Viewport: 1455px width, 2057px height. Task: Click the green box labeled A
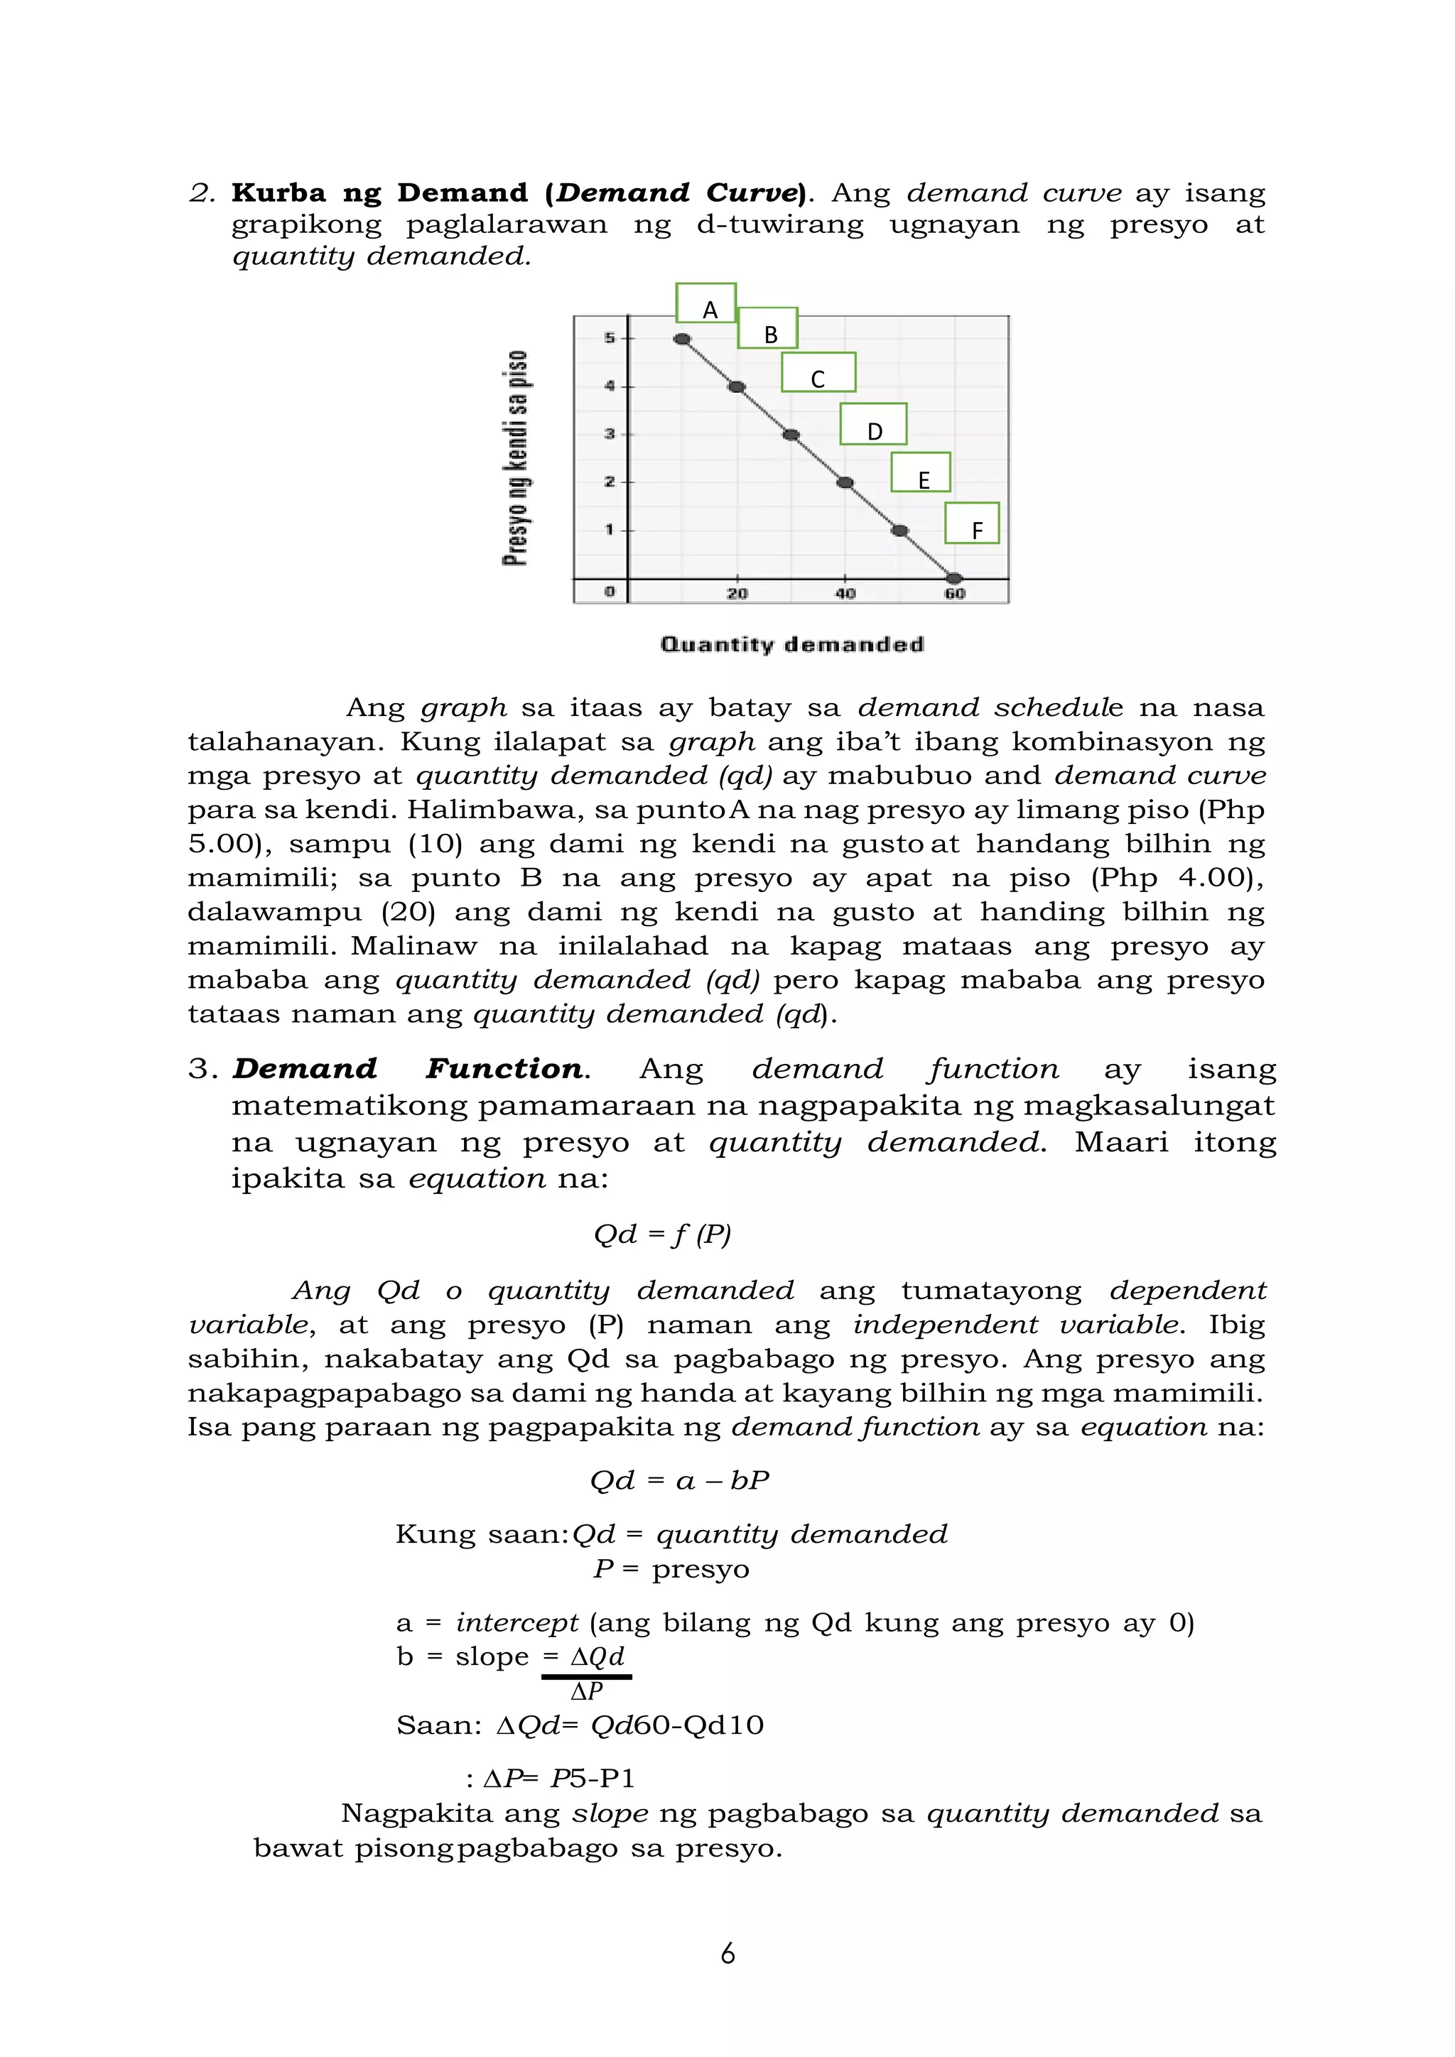coord(706,303)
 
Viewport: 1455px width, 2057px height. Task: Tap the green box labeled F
coord(972,523)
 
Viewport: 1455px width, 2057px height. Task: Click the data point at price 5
coord(682,340)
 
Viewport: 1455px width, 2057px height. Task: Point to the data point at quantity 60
coord(955,579)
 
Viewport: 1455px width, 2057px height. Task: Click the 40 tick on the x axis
coord(845,593)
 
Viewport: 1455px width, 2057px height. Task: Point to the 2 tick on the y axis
coord(610,482)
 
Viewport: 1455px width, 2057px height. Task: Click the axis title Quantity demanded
coord(792,644)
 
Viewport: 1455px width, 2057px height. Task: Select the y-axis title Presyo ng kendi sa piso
coord(515,458)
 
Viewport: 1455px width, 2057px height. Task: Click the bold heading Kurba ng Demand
coord(380,192)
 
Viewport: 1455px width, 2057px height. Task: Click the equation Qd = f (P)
coord(662,1234)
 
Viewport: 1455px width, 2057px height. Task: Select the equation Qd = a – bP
coord(679,1480)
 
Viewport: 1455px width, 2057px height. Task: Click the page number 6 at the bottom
coord(727,1953)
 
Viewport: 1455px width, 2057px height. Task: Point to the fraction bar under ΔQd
coord(587,1676)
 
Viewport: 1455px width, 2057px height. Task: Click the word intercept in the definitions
coord(517,1622)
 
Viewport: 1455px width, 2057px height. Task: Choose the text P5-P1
coord(593,1777)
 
